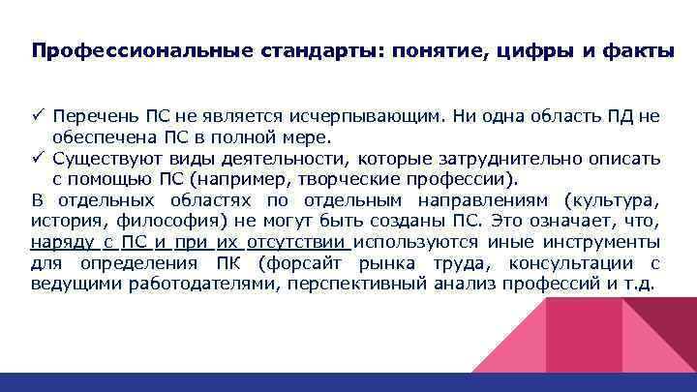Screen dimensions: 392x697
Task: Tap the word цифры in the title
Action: click(x=536, y=52)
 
